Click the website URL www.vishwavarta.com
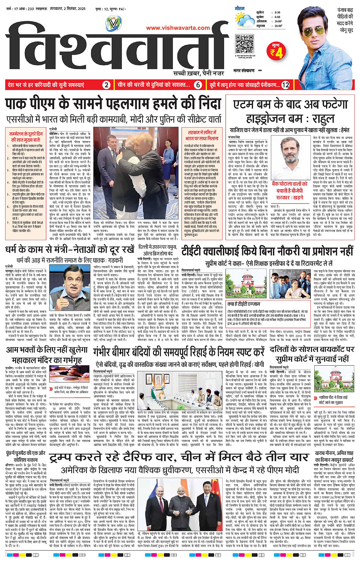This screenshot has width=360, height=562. [178, 28]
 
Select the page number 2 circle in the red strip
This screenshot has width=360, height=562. [106, 85]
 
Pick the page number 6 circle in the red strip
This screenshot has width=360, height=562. [198, 85]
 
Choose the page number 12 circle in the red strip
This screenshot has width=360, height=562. [285, 85]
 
